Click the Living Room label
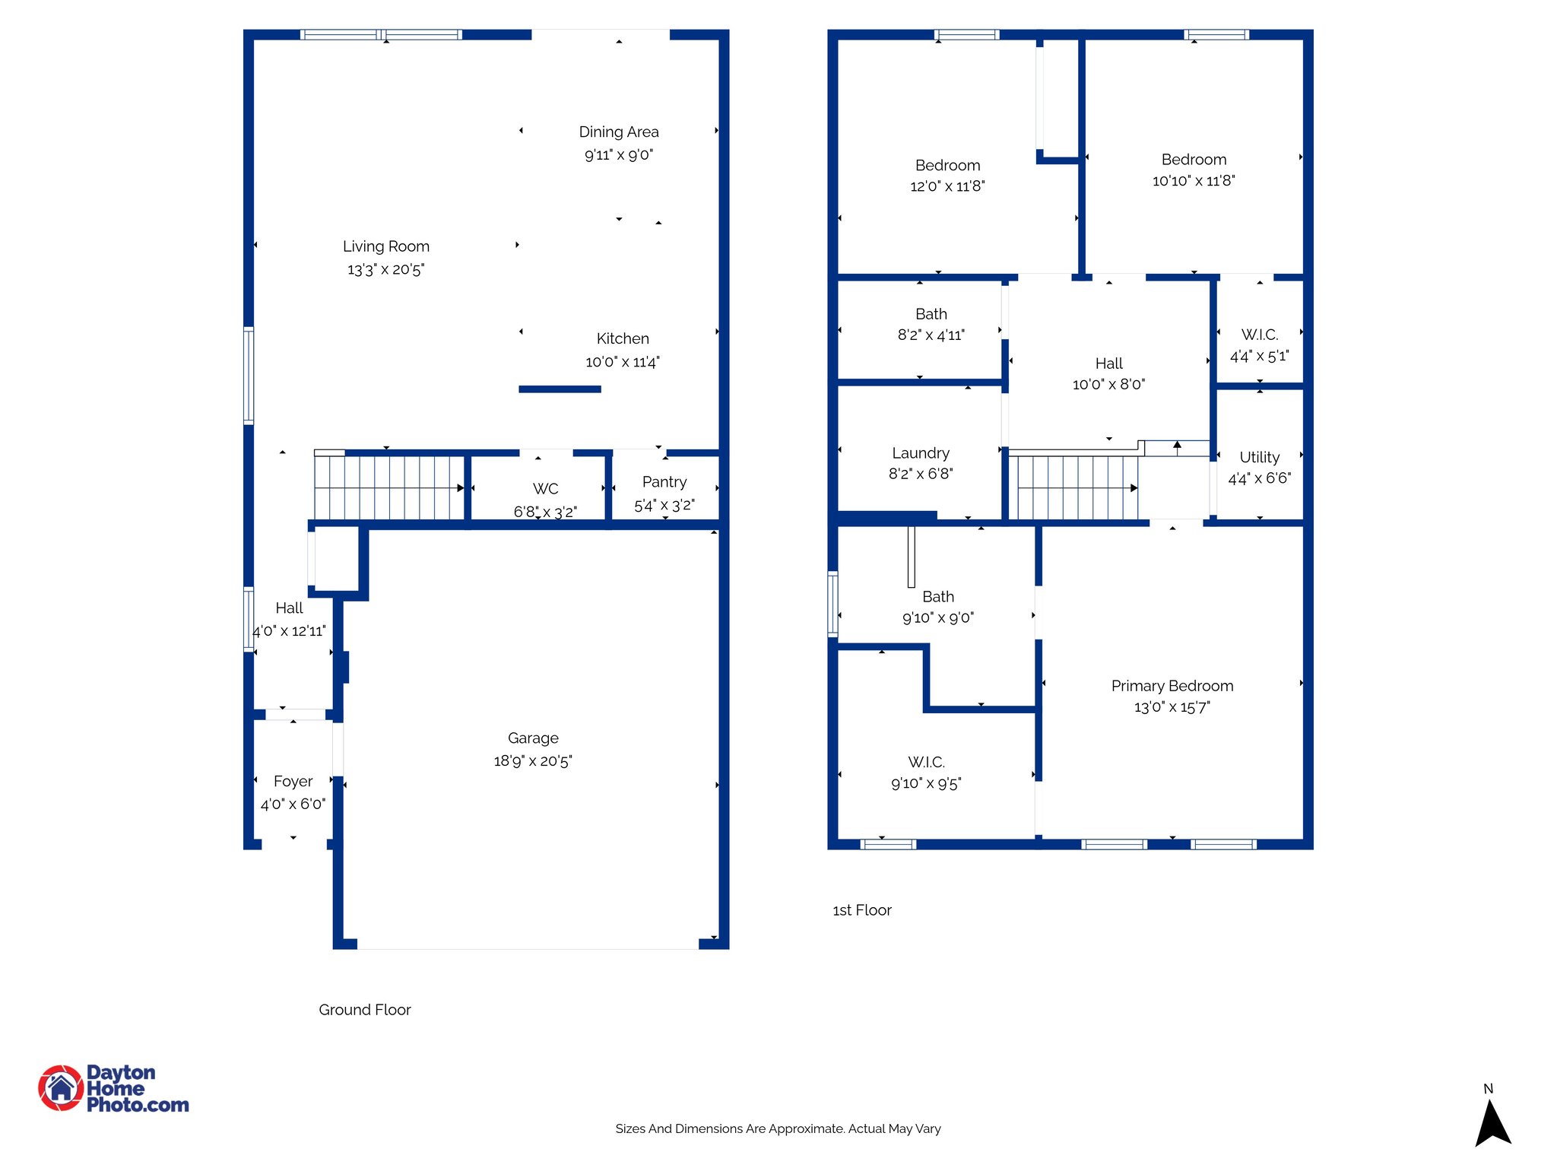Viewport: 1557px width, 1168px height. coord(385,246)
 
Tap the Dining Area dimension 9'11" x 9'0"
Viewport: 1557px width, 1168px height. coord(618,155)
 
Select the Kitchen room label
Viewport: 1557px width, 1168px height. coord(622,338)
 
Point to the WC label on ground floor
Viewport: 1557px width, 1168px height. coord(545,489)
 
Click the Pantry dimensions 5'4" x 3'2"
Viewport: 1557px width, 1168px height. coord(664,505)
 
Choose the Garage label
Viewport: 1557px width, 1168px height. coord(532,738)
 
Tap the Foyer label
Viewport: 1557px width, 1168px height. coord(293,782)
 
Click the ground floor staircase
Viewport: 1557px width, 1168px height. coord(388,487)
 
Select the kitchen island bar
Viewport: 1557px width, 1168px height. coord(560,389)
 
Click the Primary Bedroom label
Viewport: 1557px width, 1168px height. coord(1172,686)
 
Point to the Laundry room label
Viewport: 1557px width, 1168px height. coord(920,453)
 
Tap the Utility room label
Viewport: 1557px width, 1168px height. coord(1259,457)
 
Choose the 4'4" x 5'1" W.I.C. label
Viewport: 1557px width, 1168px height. coord(1259,335)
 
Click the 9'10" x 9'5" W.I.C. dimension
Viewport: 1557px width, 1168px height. coord(925,783)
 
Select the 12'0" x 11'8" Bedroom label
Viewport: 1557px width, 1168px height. coord(947,166)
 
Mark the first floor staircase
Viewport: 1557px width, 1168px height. coord(1076,487)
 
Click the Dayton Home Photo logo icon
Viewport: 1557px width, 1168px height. coord(61,1087)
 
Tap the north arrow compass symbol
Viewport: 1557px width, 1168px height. coord(1492,1122)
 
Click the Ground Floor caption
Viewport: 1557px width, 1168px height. coord(364,1010)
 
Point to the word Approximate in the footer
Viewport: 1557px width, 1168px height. coord(807,1128)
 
